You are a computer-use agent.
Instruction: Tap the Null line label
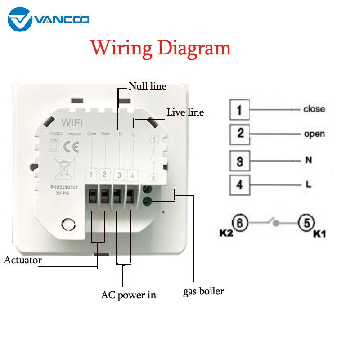click(x=147, y=86)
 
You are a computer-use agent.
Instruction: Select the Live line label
click(x=185, y=112)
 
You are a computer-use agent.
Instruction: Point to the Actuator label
click(x=23, y=260)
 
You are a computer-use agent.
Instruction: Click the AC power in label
click(x=128, y=295)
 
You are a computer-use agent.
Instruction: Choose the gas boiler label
click(x=203, y=291)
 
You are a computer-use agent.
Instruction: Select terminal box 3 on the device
click(x=118, y=175)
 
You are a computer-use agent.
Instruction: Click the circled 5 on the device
click(x=153, y=139)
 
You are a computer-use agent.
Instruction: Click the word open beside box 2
click(x=314, y=134)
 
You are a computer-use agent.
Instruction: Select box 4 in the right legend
click(x=239, y=184)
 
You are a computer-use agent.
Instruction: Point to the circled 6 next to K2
click(x=240, y=222)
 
